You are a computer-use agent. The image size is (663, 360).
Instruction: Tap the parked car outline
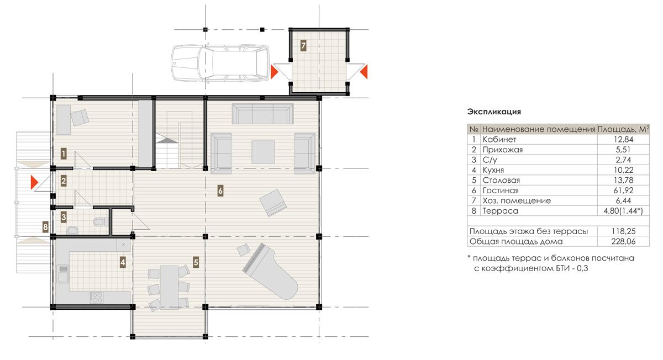(x=220, y=63)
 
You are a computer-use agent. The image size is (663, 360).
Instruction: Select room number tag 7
(x=303, y=46)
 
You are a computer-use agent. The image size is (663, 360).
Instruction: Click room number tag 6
(x=220, y=191)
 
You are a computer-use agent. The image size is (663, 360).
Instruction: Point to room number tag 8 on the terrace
(x=45, y=227)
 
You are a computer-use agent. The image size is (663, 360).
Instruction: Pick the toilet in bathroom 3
(x=101, y=221)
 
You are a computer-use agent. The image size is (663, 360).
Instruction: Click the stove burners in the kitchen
(x=97, y=297)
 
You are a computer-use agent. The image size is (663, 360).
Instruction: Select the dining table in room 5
(x=169, y=287)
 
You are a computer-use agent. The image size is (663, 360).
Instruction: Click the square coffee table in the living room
(x=263, y=152)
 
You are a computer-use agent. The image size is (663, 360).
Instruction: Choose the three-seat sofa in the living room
(x=263, y=114)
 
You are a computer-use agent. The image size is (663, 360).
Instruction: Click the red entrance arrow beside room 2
(x=35, y=183)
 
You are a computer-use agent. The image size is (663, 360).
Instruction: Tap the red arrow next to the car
(x=275, y=72)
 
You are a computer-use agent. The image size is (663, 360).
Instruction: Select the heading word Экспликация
(x=494, y=112)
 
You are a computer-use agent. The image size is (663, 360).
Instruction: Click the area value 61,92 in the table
(x=623, y=190)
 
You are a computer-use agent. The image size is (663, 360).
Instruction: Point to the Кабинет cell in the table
(x=499, y=139)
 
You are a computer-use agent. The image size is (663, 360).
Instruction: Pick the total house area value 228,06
(x=623, y=241)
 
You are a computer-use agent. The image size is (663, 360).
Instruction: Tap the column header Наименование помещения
(x=539, y=129)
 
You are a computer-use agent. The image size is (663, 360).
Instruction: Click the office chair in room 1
(x=80, y=118)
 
